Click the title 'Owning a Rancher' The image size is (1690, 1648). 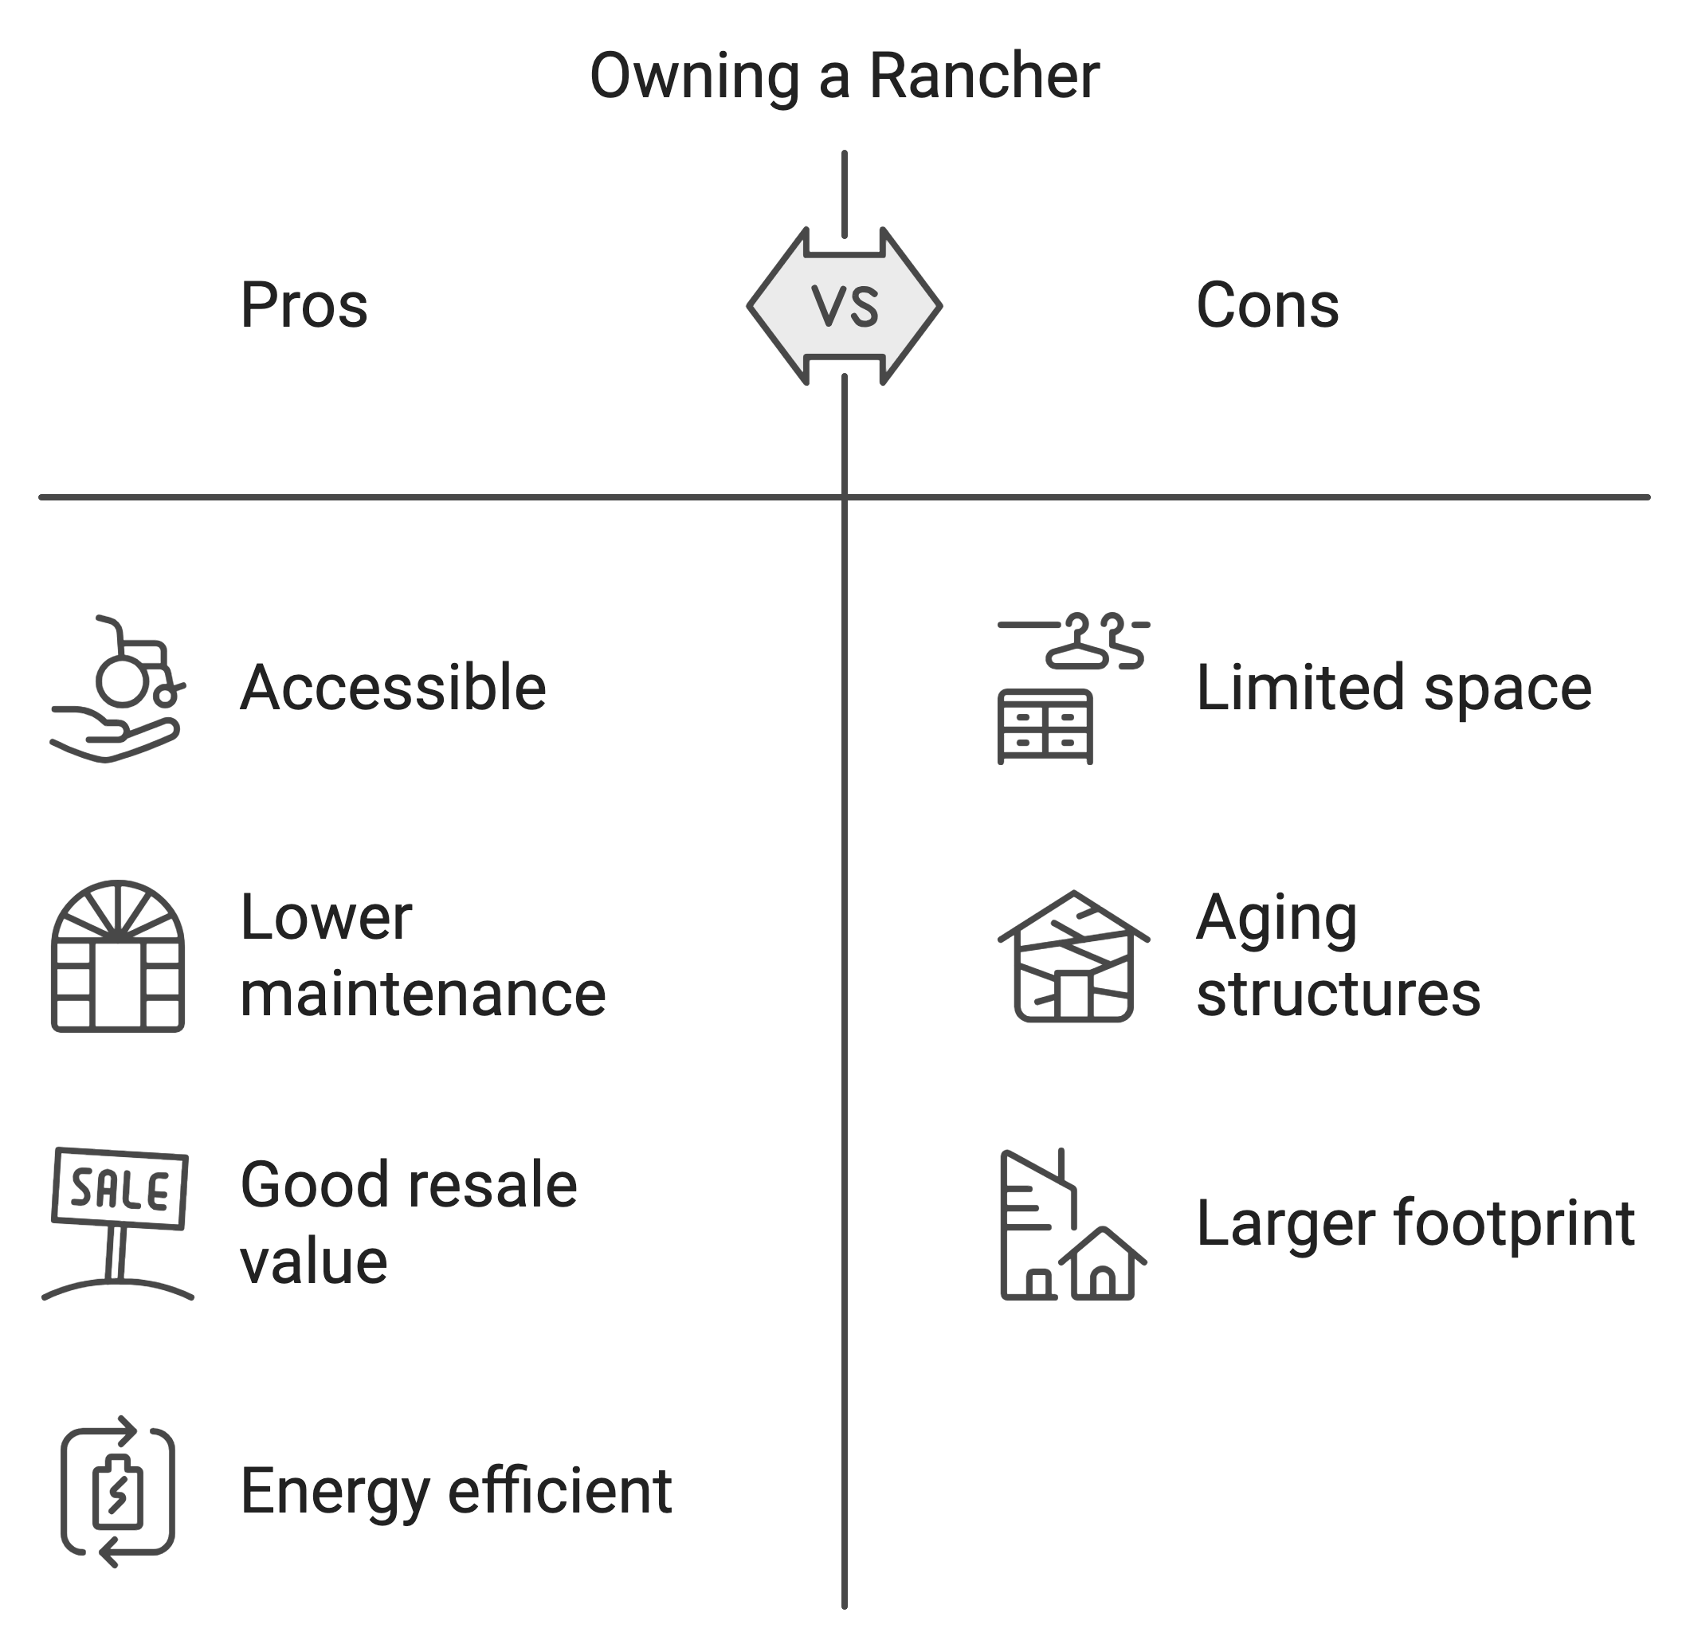[x=845, y=77]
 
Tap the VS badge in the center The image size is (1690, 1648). [x=845, y=305]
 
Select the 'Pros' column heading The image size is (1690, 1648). [x=304, y=305]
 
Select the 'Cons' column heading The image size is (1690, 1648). [x=1267, y=305]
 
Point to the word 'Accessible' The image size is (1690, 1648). [x=393, y=688]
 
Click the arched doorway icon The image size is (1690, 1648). [x=118, y=956]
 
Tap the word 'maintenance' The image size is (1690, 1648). [x=423, y=994]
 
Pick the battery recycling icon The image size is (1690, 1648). [x=118, y=1491]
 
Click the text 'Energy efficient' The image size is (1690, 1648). [x=456, y=1491]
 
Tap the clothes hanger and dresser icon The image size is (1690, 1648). [x=1073, y=689]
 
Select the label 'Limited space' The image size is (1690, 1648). [x=1393, y=688]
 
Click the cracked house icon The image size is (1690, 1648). [x=1073, y=956]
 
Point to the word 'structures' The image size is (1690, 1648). [x=1338, y=994]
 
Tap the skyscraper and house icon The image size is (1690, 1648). [x=1073, y=1224]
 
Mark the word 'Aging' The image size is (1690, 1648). [x=1276, y=919]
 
